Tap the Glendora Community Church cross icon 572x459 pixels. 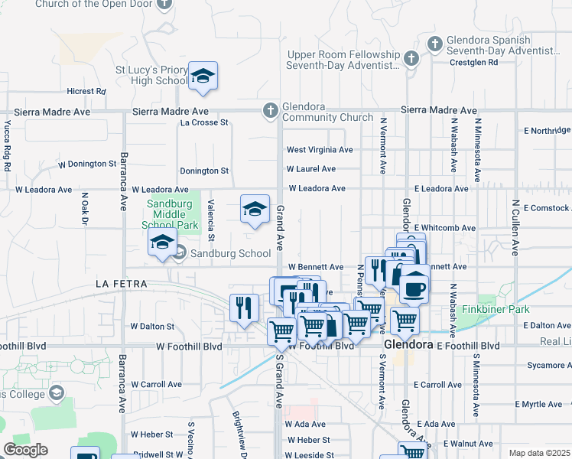click(270, 111)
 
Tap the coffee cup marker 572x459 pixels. click(414, 288)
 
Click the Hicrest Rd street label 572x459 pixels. click(86, 91)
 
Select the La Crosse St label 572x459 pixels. click(204, 122)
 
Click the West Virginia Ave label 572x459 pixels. click(320, 150)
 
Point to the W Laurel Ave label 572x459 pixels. click(311, 169)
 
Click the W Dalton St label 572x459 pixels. click(152, 326)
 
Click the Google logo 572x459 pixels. click(25, 450)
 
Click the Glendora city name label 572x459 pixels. click(408, 345)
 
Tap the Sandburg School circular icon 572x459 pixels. click(180, 252)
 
